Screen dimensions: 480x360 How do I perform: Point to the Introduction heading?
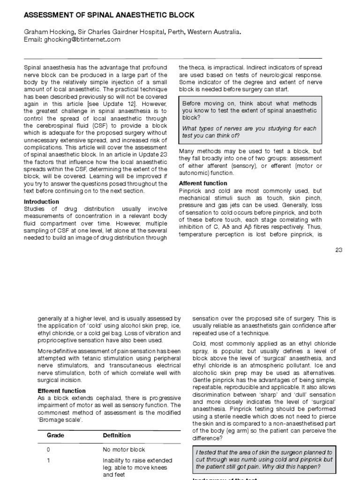pos(41,202)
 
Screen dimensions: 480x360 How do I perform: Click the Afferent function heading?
pos(203,183)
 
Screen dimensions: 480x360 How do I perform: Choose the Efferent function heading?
pos(61,390)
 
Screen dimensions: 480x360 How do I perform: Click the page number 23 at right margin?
pos(339,250)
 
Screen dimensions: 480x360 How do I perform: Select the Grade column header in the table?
pos(55,435)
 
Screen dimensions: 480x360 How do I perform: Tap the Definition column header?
pos(117,435)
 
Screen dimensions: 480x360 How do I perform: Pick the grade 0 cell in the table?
pos(48,450)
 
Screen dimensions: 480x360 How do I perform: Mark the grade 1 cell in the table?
pos(48,460)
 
